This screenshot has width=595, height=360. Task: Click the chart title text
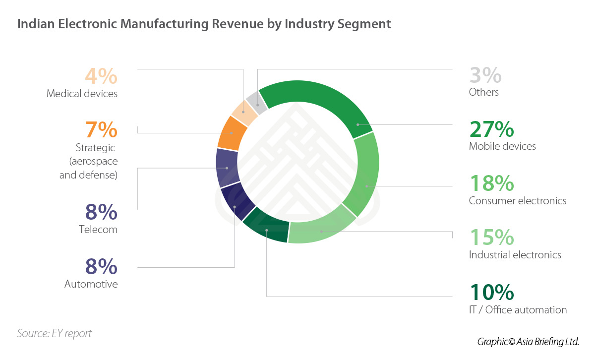pos(204,24)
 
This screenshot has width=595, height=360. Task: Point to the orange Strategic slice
pos(232,133)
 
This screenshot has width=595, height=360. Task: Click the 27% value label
pos(491,129)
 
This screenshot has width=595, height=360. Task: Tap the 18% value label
pos(491,184)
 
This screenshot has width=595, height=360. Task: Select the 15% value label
pos(491,238)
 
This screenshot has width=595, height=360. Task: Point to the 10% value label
pos(491,293)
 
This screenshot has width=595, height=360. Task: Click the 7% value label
pos(101,130)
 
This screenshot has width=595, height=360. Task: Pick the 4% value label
pos(101,76)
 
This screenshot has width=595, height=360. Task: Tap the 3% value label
pos(485,76)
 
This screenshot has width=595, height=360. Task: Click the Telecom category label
pos(98,230)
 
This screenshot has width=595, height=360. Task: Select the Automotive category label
pos(91,284)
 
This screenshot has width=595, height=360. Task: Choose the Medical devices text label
pos(82,93)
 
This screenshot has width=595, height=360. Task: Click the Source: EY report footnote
pos(55,333)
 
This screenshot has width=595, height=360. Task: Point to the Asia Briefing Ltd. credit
pos(528,342)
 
